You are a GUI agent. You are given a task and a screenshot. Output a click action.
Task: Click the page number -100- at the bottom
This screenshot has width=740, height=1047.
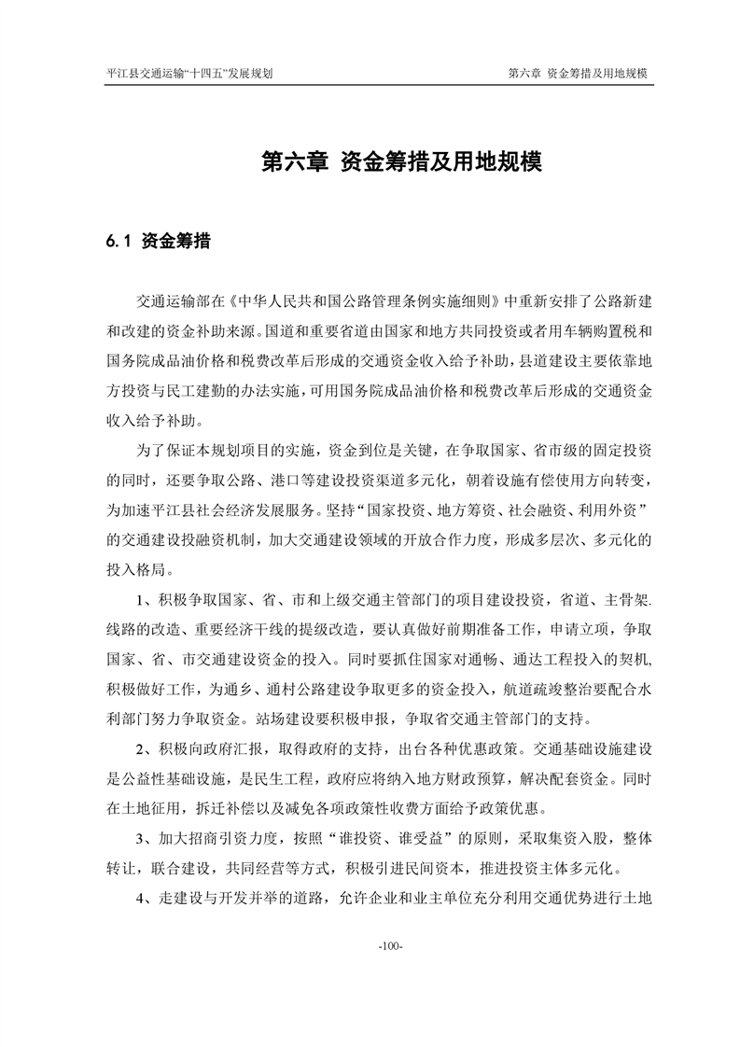tap(390, 947)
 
